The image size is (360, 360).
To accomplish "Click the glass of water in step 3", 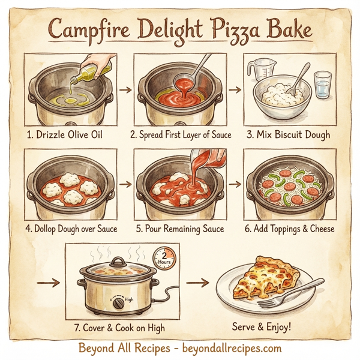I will [x=323, y=84].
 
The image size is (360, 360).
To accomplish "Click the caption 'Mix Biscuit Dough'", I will [x=290, y=134].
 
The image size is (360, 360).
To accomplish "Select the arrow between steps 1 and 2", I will [x=125, y=91].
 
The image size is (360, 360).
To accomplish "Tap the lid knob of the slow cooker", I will [x=118, y=261].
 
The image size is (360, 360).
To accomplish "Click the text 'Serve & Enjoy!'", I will [x=263, y=327].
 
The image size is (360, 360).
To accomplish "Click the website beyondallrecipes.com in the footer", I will [x=231, y=347].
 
